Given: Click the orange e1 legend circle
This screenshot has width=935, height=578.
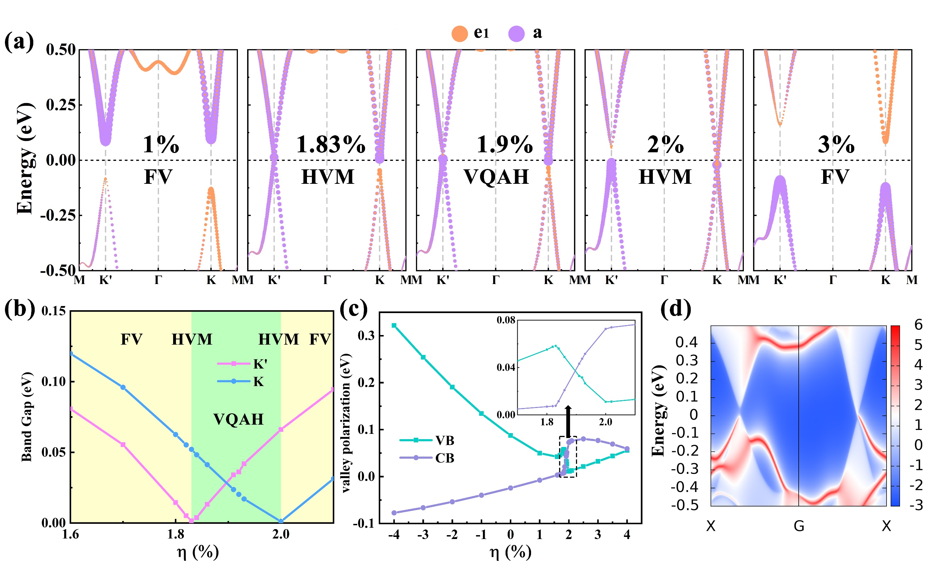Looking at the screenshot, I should point(459,34).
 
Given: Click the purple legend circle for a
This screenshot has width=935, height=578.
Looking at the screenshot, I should point(516,34).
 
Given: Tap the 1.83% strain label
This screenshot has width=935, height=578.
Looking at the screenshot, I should point(331,144).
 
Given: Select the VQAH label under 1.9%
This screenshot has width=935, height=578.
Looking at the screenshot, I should point(496,177).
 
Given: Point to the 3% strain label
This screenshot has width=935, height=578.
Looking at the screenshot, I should point(836,144).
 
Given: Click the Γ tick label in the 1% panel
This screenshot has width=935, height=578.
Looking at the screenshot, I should point(158,280).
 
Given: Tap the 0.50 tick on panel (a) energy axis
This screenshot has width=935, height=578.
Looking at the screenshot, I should point(61,50).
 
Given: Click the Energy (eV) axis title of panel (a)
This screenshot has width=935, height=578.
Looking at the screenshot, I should point(25,159).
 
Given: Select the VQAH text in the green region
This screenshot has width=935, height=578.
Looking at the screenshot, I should point(238,419).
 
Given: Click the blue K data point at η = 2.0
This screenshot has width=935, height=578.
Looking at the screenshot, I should point(281,521).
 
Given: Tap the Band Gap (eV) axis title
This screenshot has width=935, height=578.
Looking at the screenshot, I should point(27,417).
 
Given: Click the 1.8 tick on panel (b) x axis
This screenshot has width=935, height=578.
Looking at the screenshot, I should point(175,534).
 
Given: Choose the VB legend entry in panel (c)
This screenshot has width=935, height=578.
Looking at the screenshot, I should point(427,440).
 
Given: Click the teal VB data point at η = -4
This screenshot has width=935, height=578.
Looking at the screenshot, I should point(394,326).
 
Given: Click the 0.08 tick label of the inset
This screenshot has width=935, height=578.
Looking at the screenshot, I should point(506,320).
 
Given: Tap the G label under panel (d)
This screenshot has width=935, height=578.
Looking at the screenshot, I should point(799,526).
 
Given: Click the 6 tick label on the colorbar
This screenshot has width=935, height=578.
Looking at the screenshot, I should point(919,325).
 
